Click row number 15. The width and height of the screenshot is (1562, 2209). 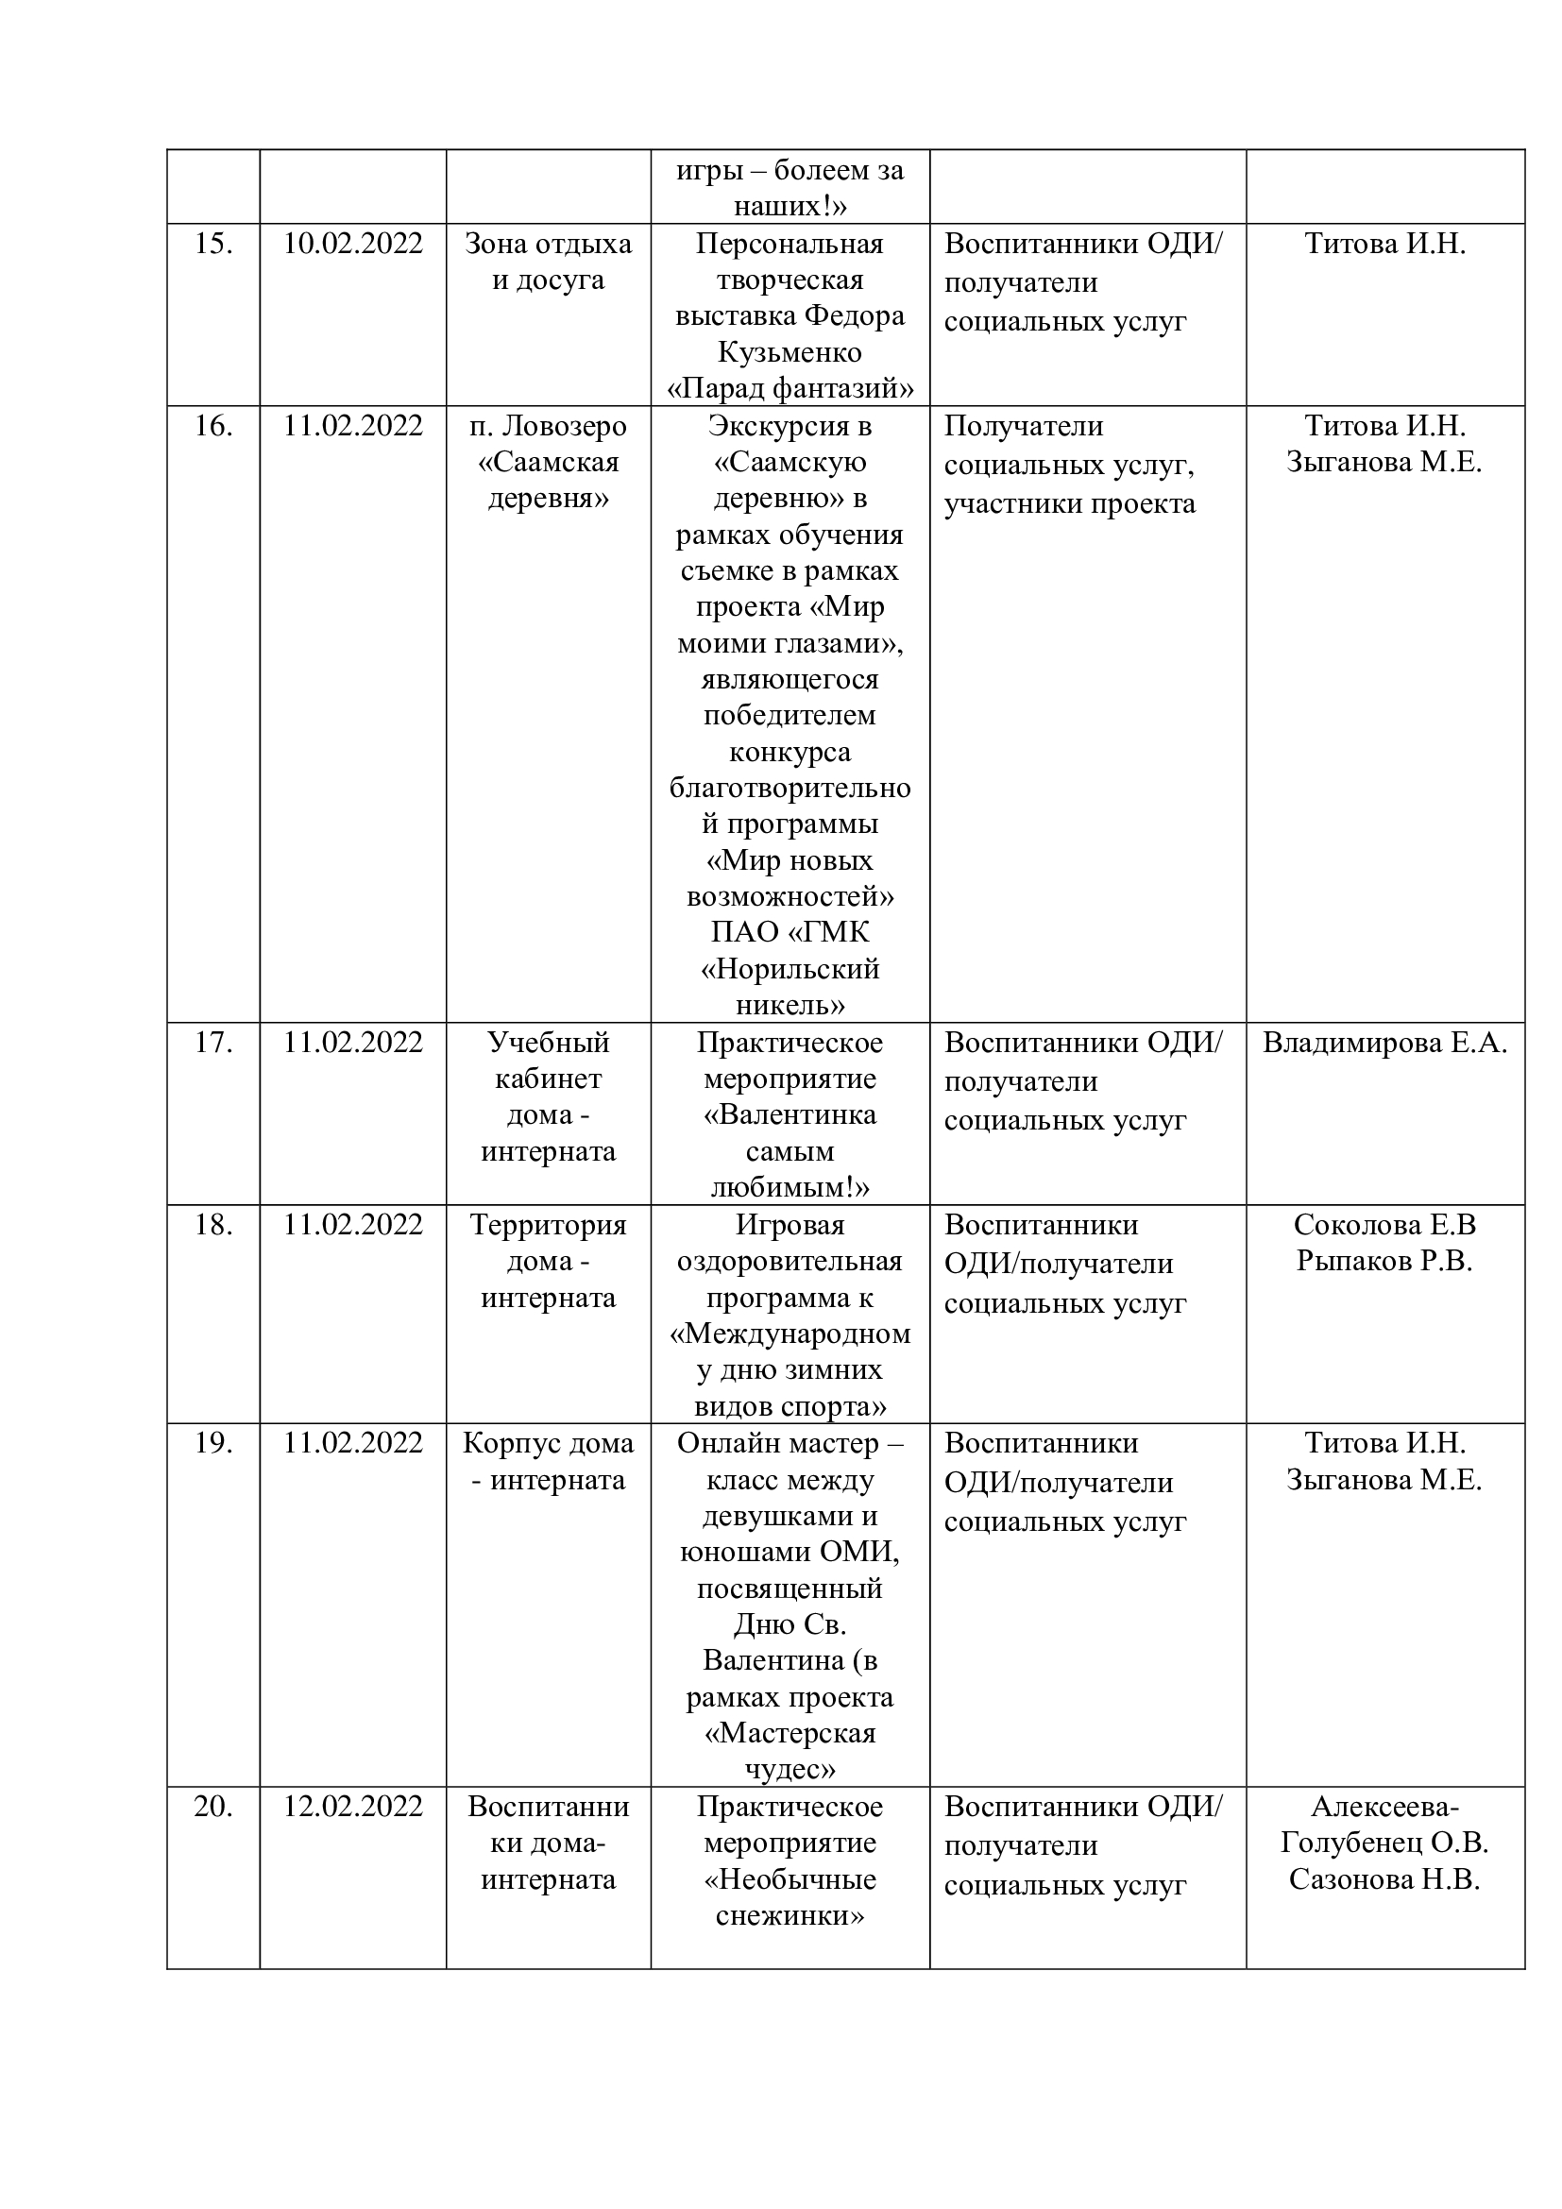coord(212,245)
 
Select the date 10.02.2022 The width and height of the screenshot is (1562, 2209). coord(353,245)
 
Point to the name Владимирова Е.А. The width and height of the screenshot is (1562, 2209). coord(1385,1043)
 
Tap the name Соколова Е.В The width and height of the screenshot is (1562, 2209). coord(1384,1225)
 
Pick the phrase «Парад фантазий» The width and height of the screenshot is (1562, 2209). coord(789,389)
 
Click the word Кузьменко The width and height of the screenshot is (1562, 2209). coord(789,352)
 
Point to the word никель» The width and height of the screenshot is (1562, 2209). coord(789,1006)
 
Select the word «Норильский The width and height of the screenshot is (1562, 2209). coord(789,969)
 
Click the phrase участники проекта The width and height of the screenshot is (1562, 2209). coord(1070,504)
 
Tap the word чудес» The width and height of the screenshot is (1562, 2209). coord(789,1769)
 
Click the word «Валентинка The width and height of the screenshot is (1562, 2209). coord(789,1115)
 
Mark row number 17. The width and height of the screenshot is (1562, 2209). coord(212,1043)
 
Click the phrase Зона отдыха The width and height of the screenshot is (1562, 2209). coord(549,245)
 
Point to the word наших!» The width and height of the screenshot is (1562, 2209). coord(789,206)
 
